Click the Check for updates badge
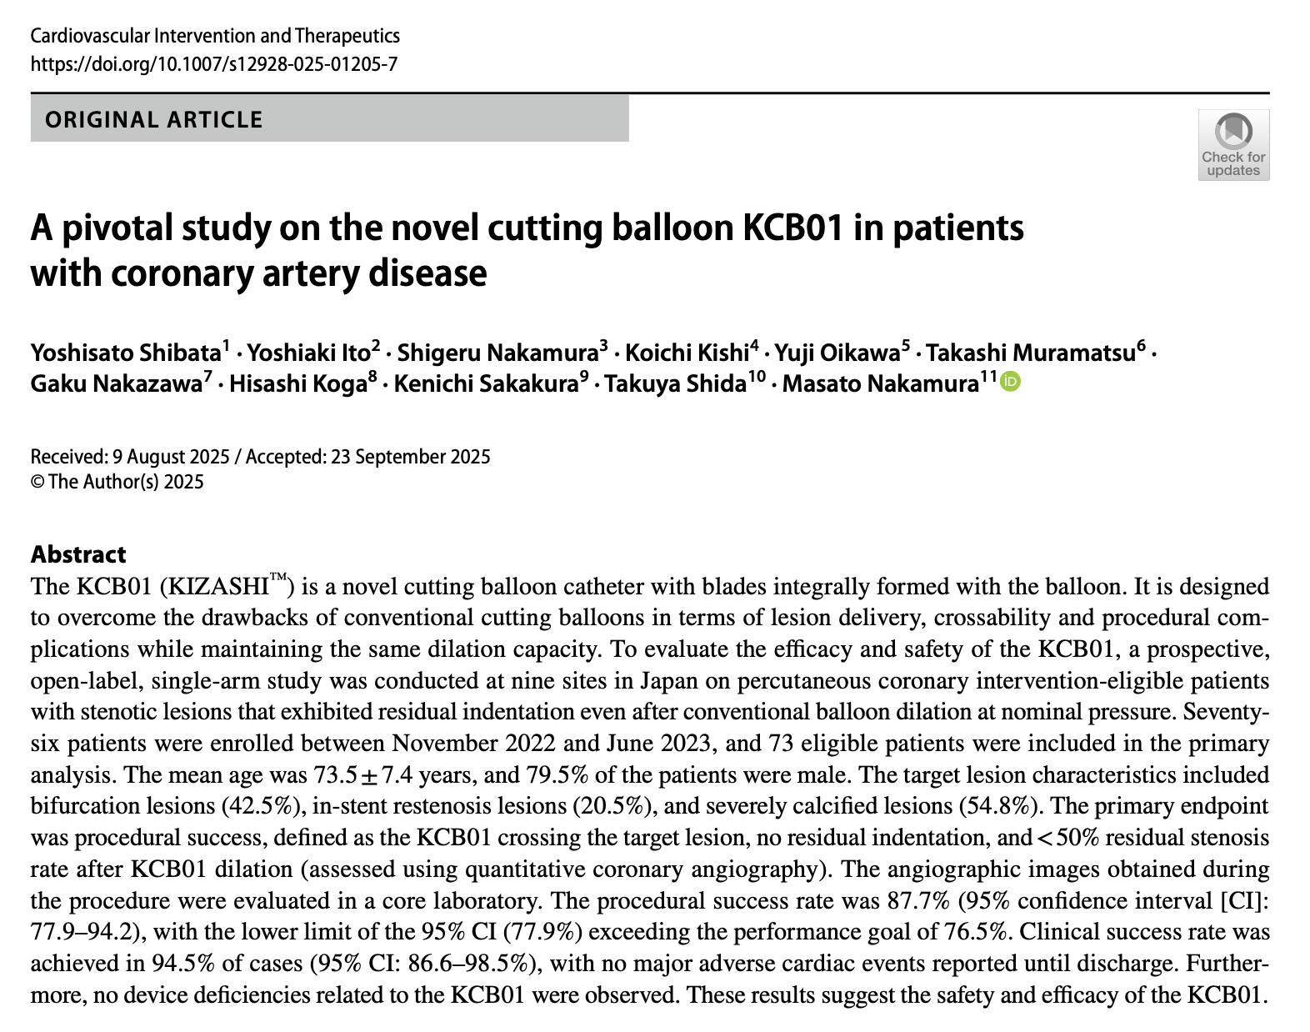pos(1233,145)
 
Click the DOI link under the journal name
pos(214,64)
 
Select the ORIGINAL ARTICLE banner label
pos(154,119)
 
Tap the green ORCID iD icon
pos(1010,382)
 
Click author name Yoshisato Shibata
pos(126,353)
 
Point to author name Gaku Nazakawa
pos(117,384)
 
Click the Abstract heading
pos(78,554)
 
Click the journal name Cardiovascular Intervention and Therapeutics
pos(215,36)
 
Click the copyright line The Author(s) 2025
pos(126,482)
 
